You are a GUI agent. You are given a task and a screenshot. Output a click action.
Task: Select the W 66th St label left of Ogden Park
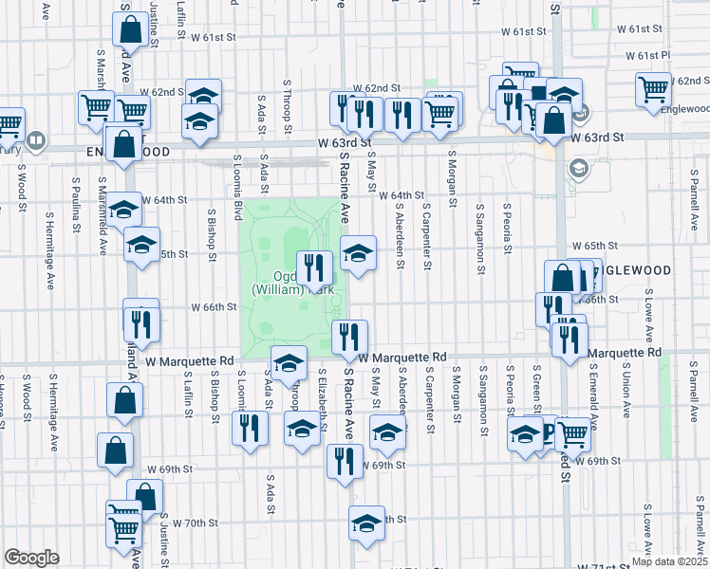[x=213, y=307]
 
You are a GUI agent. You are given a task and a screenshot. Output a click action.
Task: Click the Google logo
[x=31, y=558]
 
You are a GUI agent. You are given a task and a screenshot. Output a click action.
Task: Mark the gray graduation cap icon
[x=577, y=169]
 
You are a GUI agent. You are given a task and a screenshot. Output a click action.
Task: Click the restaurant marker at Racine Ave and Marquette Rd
[x=349, y=336]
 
